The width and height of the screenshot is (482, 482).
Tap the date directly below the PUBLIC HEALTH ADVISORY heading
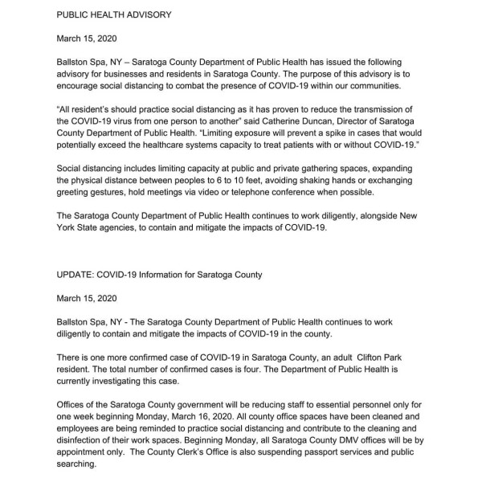[x=84, y=38]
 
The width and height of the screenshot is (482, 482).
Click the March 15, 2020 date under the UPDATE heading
[x=84, y=298]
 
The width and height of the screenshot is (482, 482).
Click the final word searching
[x=80, y=467]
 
